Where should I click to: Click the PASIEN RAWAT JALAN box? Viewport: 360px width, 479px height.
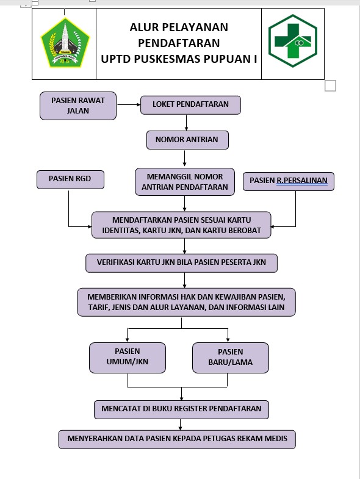[x=78, y=106]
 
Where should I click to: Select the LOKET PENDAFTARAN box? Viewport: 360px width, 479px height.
[x=190, y=105]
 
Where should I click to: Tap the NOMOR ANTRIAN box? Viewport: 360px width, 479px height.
[x=187, y=140]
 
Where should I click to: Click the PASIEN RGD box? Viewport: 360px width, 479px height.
[x=70, y=179]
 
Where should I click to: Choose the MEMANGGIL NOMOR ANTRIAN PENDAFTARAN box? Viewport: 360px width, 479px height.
[x=185, y=181]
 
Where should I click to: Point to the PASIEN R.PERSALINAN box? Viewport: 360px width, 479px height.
[x=289, y=181]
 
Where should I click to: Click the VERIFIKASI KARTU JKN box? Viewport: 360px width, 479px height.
[x=182, y=263]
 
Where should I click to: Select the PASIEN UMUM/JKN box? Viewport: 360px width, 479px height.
[x=128, y=358]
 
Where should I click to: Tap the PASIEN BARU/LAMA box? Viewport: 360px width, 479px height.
[x=231, y=358]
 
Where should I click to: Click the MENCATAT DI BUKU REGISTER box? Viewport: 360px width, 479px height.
[x=182, y=409]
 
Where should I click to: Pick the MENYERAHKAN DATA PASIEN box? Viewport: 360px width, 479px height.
[x=177, y=439]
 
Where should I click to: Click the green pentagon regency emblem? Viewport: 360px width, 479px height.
[x=65, y=43]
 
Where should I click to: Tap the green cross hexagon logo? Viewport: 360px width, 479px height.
[x=293, y=41]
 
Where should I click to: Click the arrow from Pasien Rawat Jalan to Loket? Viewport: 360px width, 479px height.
[x=129, y=104]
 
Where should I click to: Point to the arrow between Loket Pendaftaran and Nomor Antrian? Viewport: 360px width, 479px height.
[x=186, y=123]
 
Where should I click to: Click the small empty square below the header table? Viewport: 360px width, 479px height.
[x=330, y=85]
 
